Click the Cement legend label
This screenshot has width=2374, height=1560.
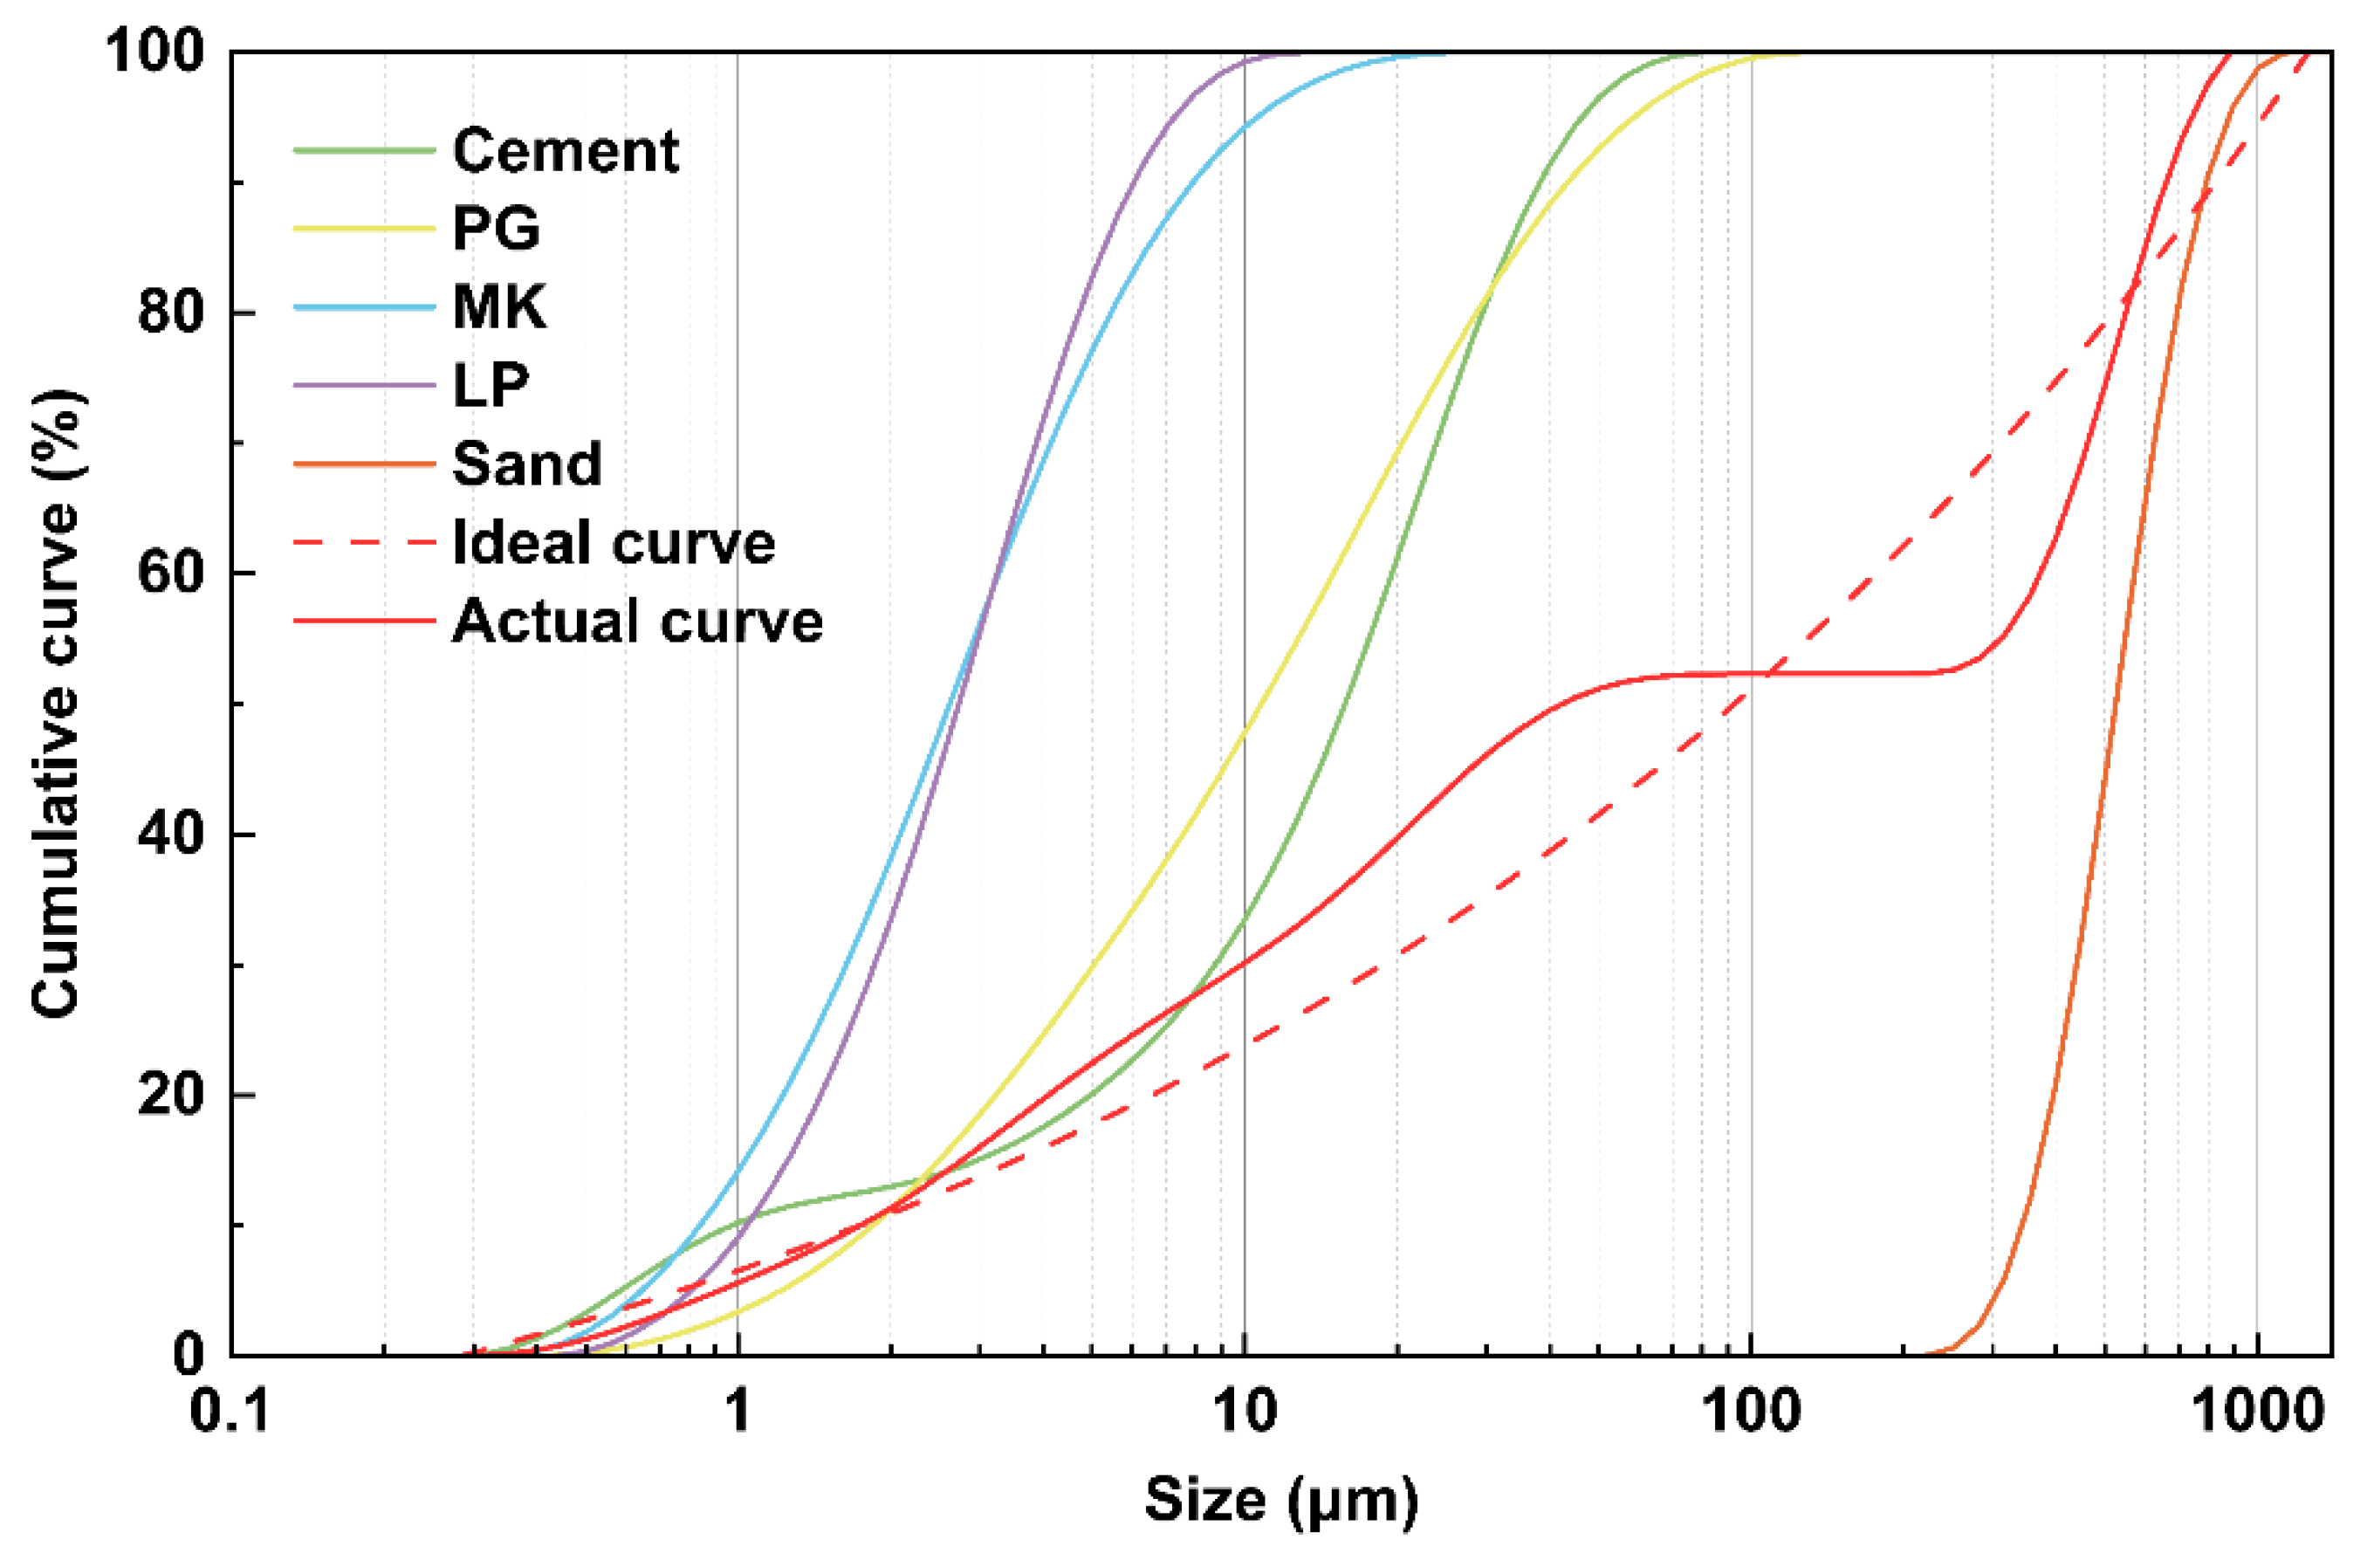(x=566, y=151)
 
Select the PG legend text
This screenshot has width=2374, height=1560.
(x=496, y=229)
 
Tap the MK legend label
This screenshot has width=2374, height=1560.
(x=498, y=306)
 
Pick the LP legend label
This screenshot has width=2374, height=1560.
(x=490, y=384)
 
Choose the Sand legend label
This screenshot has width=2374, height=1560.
(x=526, y=463)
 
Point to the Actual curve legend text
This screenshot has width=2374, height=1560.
(x=637, y=621)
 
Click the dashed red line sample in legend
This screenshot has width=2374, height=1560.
(x=364, y=543)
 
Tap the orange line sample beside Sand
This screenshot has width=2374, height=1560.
(x=364, y=464)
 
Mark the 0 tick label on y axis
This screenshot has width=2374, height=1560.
(x=189, y=1355)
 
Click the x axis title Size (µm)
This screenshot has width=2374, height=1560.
(x=1280, y=1499)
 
